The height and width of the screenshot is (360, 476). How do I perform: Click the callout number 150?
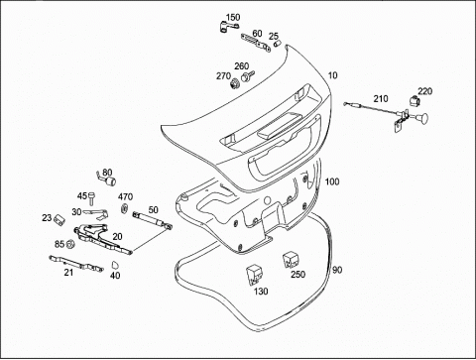[233, 17]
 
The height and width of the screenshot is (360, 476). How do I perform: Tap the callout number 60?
[257, 34]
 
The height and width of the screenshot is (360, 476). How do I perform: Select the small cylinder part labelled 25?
[277, 44]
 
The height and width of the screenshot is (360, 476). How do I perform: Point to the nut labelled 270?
[235, 82]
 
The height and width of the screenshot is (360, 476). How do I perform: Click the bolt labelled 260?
[247, 76]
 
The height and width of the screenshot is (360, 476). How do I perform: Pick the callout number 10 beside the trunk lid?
[332, 75]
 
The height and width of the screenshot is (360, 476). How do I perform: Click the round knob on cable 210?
[421, 117]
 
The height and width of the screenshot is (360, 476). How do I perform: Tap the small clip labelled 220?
[414, 101]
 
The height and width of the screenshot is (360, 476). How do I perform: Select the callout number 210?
[381, 98]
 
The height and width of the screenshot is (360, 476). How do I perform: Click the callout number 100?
[332, 181]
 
